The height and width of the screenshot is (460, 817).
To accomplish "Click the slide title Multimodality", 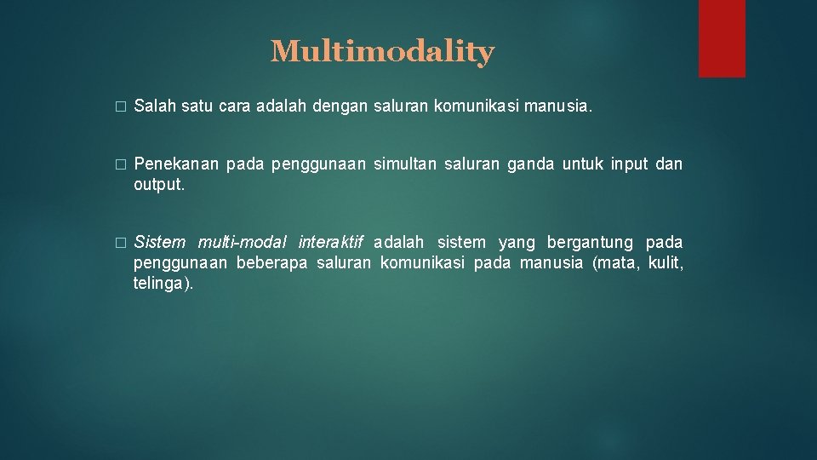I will [382, 52].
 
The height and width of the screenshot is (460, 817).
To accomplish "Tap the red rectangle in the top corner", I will [722, 38].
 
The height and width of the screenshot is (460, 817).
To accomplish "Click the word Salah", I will [153, 107].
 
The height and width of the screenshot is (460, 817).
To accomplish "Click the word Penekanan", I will [177, 164].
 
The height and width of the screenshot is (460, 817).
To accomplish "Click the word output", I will [159, 183].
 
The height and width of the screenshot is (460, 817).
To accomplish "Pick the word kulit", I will [667, 262].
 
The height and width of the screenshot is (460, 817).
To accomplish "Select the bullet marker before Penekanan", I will [120, 164].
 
